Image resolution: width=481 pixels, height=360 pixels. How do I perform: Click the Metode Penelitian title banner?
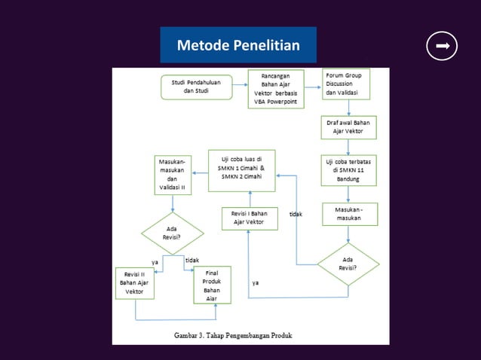tap(238, 46)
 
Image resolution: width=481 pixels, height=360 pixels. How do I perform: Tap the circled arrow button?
tap(442, 46)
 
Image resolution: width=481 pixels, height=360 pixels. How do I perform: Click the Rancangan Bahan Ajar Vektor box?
tap(276, 89)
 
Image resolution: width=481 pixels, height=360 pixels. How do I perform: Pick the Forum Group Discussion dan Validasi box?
tap(348, 84)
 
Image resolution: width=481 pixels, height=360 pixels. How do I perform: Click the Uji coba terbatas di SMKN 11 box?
tap(348, 169)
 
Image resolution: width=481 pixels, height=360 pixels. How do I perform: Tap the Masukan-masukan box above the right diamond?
tap(348, 214)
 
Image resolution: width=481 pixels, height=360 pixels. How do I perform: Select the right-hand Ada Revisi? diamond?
tap(348, 263)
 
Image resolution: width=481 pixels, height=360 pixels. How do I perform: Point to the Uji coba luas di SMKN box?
tap(241, 170)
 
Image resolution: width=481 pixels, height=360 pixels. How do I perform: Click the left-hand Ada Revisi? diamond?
tap(173, 233)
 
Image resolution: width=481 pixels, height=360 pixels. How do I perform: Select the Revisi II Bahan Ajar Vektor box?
tap(135, 282)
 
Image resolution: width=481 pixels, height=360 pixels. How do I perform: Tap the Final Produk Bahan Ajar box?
tap(212, 284)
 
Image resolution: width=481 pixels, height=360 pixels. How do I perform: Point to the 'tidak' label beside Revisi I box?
tap(296, 215)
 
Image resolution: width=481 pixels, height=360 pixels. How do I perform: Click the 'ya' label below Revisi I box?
tap(256, 282)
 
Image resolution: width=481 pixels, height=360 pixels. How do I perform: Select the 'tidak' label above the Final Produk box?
tap(192, 260)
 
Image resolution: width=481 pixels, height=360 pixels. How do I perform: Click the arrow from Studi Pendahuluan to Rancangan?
tap(239, 86)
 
